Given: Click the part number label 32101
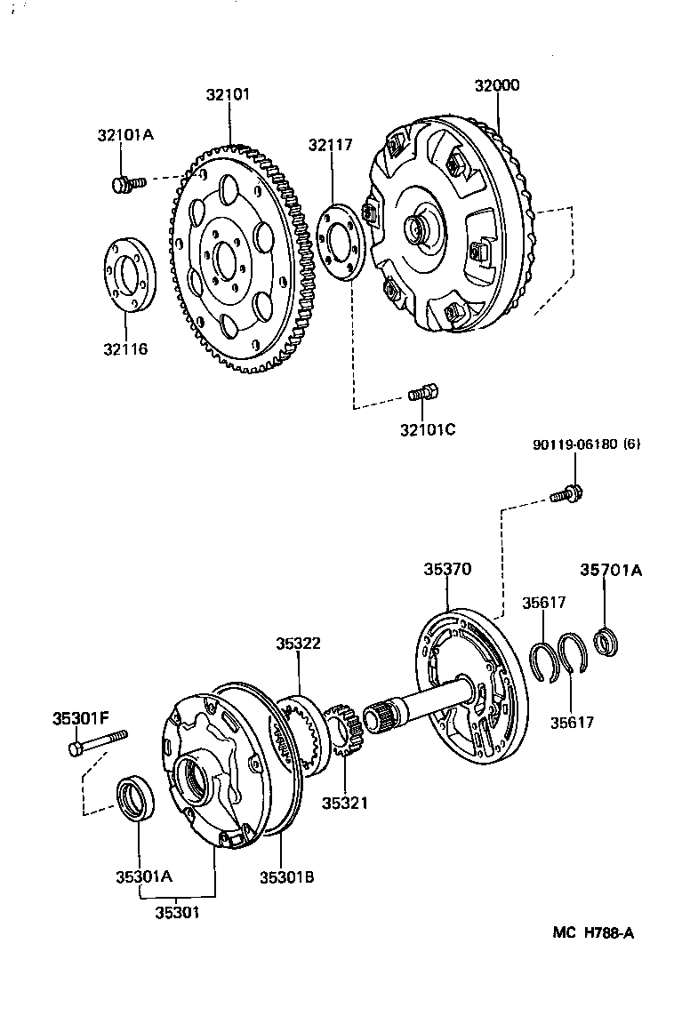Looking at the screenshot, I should click(229, 94).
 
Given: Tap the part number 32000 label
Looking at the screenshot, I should click(497, 86).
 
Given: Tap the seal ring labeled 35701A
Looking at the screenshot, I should click(608, 642).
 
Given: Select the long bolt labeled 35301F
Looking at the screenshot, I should click(97, 742).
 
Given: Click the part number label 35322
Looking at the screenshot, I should click(298, 644).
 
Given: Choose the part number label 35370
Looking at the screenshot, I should click(448, 569).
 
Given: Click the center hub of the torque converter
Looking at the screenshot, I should click(419, 228).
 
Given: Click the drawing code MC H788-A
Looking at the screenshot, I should click(593, 932).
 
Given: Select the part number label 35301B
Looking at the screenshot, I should click(285, 877).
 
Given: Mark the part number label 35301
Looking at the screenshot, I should click(178, 913).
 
